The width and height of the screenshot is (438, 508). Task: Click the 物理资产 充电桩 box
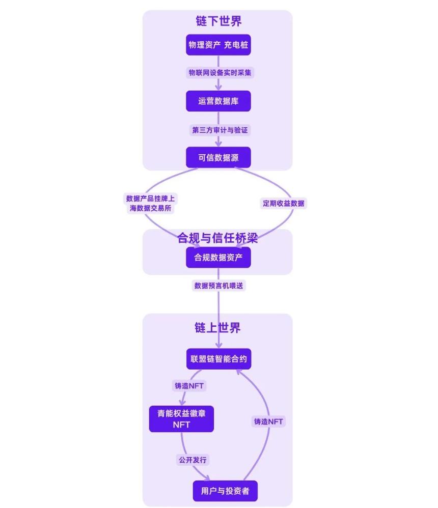pos(218,45)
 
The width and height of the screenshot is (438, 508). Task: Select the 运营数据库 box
pos(218,101)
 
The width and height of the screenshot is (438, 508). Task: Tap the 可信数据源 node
pos(218,157)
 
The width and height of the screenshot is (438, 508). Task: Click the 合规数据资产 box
pos(218,257)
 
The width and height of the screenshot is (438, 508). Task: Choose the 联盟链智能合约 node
pos(218,359)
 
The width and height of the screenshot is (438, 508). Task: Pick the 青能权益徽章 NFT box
pos(181,419)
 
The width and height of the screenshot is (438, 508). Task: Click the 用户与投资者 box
pos(225,491)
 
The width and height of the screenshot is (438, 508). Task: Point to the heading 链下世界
pos(218,21)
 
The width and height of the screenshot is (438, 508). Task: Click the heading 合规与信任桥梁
pos(217,238)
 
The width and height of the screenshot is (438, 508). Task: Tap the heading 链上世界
pos(217,328)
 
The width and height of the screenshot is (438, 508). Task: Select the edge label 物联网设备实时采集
pos(220,73)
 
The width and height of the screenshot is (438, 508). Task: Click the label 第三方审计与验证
pos(220,130)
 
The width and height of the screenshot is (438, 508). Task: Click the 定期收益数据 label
pos(284,203)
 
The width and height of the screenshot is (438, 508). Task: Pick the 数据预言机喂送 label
pos(220,286)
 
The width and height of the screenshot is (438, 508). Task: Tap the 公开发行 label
pos(193,460)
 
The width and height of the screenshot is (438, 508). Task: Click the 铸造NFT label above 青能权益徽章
pos(189,385)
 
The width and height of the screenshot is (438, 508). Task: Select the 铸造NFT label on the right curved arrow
pos(268,421)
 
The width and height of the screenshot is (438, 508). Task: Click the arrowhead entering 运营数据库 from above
pos(218,88)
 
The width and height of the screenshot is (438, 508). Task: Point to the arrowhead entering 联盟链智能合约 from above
pos(218,346)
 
